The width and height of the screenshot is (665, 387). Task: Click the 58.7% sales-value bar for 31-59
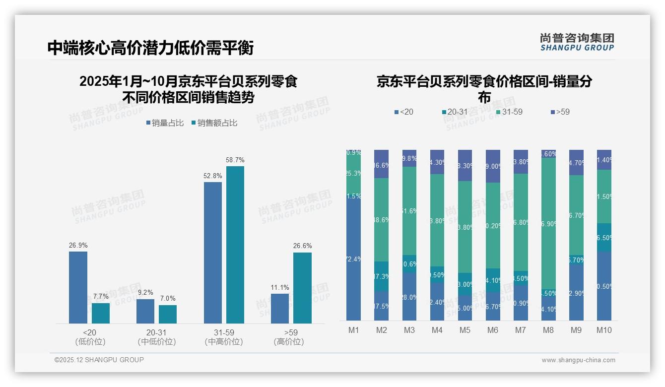point(235,245)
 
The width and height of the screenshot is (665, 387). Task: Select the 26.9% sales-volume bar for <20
point(78,287)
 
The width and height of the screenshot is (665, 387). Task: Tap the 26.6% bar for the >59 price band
point(302,288)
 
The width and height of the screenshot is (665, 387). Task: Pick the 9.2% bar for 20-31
point(145,311)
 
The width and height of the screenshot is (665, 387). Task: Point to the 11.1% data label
point(280,288)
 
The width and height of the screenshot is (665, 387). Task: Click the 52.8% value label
point(213,176)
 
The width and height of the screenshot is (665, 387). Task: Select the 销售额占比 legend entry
point(214,123)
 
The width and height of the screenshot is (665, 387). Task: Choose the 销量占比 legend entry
point(165,123)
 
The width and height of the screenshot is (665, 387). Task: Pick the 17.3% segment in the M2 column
point(381,276)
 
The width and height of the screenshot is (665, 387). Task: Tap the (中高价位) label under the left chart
point(224,342)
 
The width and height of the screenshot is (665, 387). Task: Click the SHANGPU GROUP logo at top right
point(577,42)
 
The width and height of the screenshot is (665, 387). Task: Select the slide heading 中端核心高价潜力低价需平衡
point(150,48)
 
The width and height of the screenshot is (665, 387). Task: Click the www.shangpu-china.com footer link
point(578,360)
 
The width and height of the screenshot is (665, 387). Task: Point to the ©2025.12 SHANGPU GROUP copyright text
point(99,360)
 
